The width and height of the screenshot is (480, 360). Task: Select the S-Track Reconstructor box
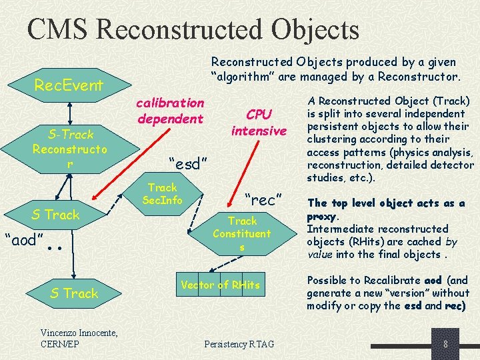click(x=69, y=149)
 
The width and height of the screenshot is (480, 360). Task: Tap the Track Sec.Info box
click(x=163, y=194)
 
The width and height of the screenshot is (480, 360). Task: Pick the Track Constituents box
click(x=242, y=234)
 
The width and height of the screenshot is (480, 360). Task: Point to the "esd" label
click(x=189, y=164)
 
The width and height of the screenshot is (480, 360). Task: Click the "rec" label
click(x=265, y=199)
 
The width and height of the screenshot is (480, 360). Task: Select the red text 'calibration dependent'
click(x=170, y=111)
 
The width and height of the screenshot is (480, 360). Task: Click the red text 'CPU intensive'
click(x=259, y=122)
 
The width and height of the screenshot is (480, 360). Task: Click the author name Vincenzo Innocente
click(x=79, y=333)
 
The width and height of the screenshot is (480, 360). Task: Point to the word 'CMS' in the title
click(x=62, y=30)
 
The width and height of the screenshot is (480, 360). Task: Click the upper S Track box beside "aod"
click(x=56, y=215)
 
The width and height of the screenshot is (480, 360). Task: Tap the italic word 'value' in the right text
click(x=321, y=254)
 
